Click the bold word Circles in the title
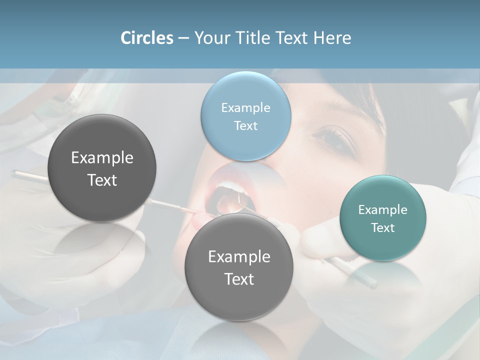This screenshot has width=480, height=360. [x=146, y=38]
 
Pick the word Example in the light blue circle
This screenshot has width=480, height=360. [x=245, y=107]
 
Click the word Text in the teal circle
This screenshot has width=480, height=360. [x=383, y=227]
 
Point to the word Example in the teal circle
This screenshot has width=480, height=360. [x=383, y=209]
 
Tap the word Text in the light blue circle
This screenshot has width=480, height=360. [x=245, y=125]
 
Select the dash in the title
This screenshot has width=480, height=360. [x=183, y=38]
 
